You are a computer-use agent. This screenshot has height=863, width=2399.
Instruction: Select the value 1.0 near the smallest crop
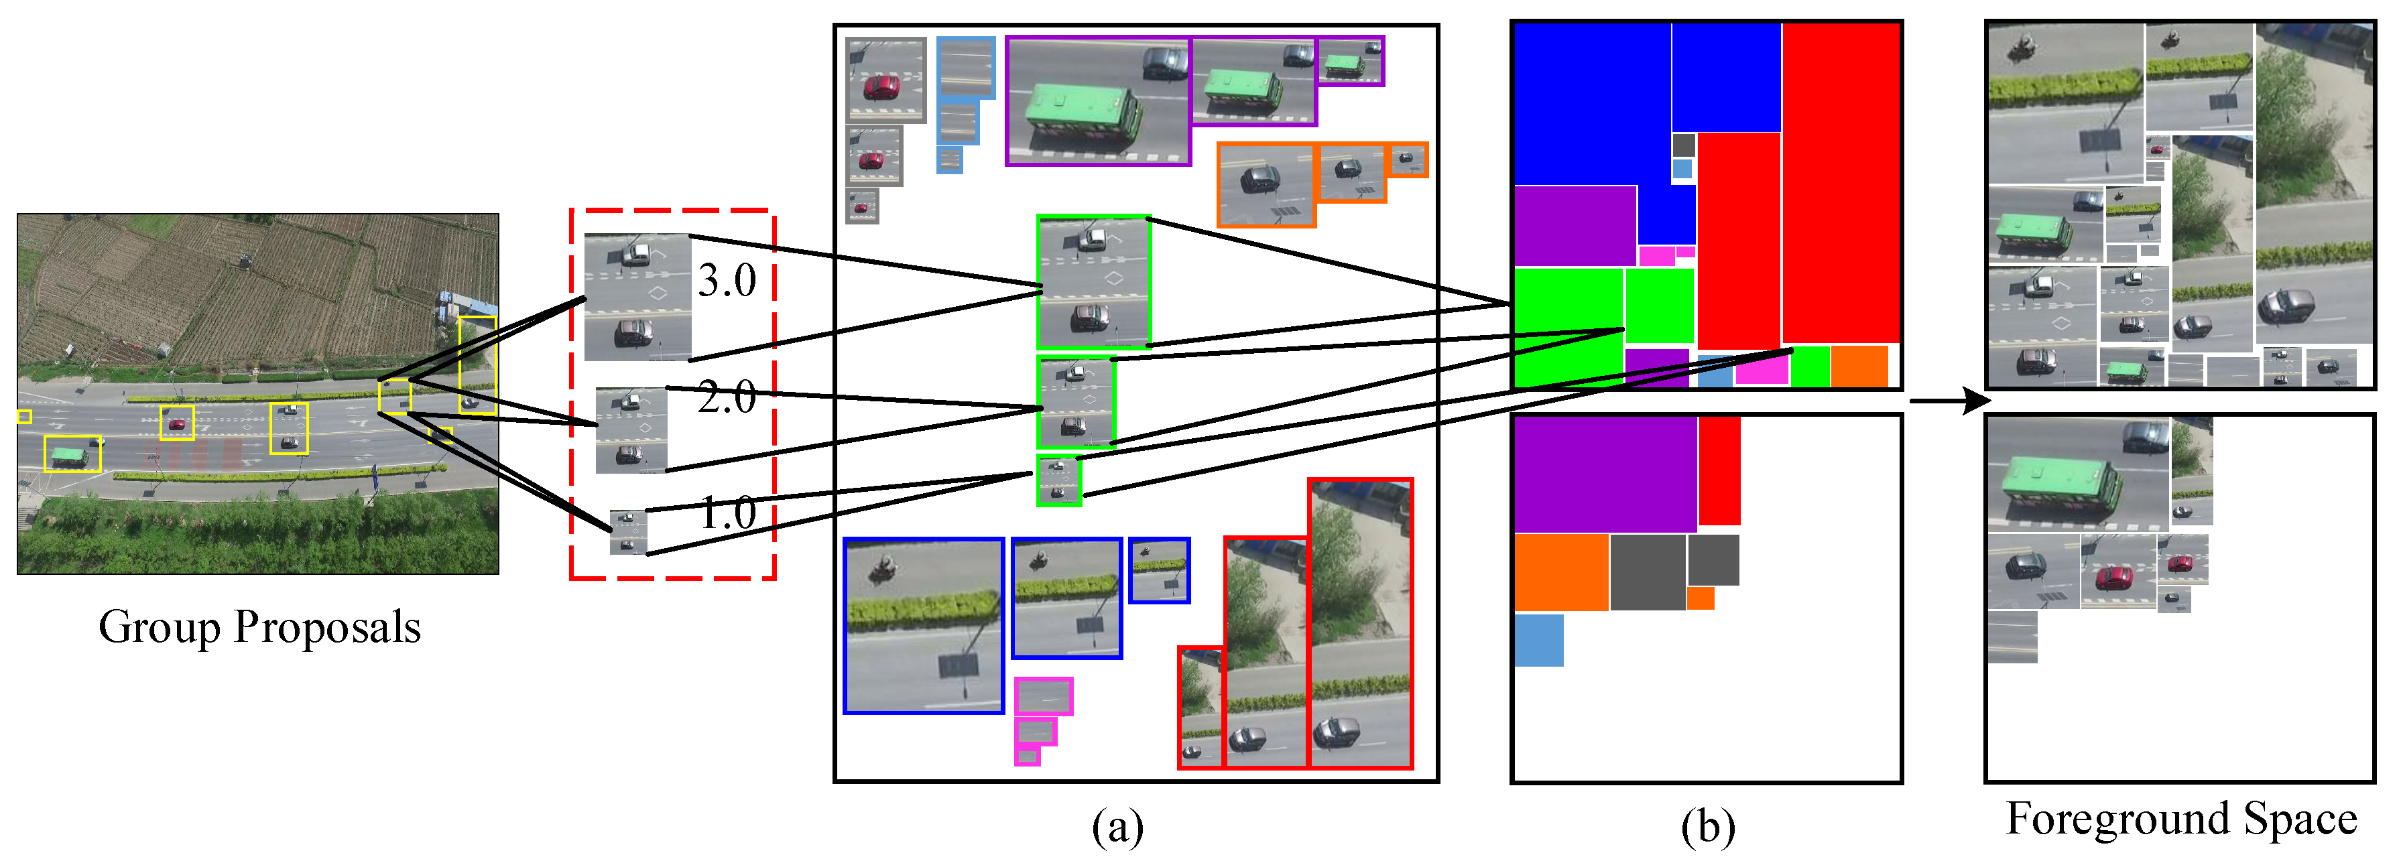[x=727, y=513]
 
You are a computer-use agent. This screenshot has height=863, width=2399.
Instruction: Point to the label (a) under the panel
[x=1117, y=825]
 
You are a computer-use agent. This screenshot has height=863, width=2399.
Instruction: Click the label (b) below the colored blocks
[x=1707, y=825]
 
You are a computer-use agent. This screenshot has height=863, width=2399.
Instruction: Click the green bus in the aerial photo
[x=71, y=455]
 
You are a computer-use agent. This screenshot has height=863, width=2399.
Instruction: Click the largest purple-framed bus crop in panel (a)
[x=1098, y=101]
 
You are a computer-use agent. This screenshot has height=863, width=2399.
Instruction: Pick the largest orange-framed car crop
[x=1266, y=184]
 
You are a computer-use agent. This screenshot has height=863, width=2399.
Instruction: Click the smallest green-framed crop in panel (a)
[x=1059, y=480]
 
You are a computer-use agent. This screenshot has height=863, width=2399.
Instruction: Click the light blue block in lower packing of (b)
[x=1538, y=641]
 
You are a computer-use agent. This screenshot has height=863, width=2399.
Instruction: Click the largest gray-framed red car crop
[x=885, y=80]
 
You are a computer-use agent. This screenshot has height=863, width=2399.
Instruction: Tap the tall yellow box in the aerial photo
[x=477, y=365]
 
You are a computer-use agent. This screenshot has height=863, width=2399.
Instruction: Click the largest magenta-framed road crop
[x=1043, y=695]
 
